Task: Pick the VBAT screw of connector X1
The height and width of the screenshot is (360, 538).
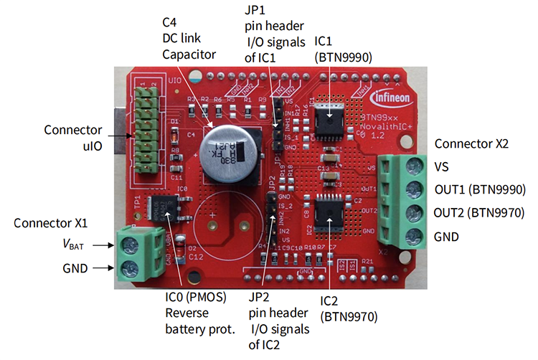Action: tap(131, 245)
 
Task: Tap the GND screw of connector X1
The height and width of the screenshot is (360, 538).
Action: tap(131, 269)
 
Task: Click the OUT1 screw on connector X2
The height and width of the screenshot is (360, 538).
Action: tap(412, 190)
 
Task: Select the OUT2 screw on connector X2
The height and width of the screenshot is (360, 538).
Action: tap(412, 213)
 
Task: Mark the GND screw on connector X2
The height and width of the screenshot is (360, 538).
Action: tap(412, 236)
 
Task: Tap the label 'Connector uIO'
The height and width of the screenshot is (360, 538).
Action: tap(73, 138)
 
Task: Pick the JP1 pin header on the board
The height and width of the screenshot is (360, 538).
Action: tap(275, 125)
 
